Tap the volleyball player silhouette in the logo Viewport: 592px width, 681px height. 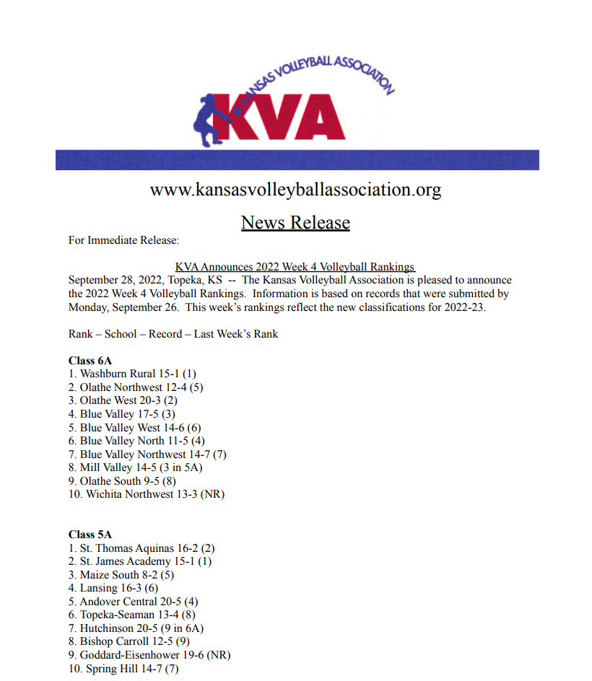click(214, 115)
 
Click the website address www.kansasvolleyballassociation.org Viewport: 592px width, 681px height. click(295, 190)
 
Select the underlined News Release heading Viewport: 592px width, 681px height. click(295, 222)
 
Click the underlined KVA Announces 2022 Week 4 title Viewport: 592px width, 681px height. click(295, 267)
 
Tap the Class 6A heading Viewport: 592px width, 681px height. click(90, 360)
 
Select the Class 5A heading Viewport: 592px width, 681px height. click(90, 535)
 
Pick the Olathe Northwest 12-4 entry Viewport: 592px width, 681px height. click(141, 387)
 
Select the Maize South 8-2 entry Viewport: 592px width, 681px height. click(121, 575)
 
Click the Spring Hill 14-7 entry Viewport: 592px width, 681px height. click(123, 669)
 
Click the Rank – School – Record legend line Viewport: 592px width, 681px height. click(173, 334)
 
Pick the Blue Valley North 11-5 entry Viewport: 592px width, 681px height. click(137, 441)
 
